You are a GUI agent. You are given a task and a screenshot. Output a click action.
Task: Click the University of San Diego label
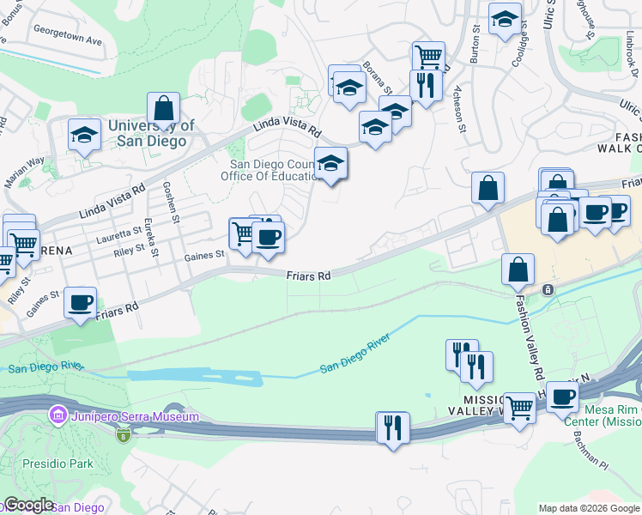tap(151, 133)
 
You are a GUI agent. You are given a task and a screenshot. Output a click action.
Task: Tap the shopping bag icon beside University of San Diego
tap(163, 110)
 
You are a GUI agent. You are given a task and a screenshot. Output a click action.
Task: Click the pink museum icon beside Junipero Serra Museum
tap(58, 417)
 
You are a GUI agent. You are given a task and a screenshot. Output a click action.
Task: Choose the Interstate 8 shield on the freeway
tap(122, 435)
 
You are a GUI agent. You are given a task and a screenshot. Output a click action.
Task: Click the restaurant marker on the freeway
tap(393, 427)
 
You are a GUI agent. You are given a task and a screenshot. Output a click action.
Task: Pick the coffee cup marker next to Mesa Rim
tap(562, 397)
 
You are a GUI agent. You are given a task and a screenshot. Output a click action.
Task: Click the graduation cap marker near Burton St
tap(506, 19)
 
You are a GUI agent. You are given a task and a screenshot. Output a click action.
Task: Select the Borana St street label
tap(377, 77)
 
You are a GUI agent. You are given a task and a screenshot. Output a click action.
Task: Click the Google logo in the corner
tap(27, 505)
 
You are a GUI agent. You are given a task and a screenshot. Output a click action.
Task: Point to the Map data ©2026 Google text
tap(589, 508)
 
